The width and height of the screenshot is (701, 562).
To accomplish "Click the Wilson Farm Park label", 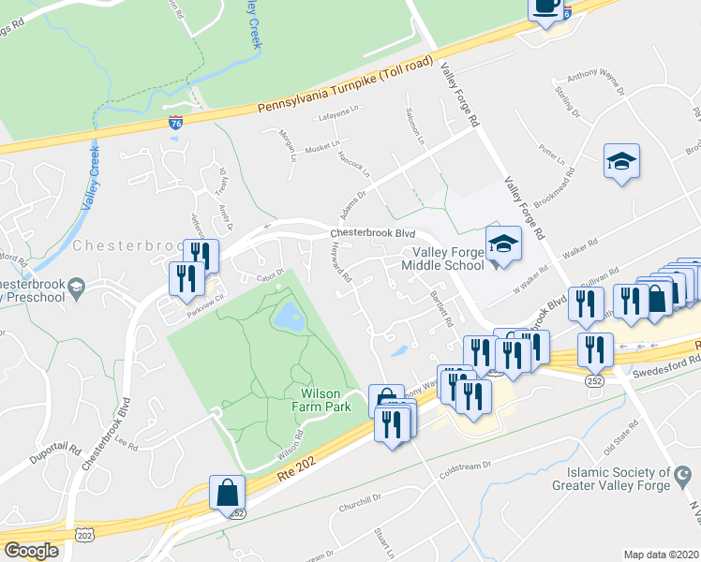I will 326,402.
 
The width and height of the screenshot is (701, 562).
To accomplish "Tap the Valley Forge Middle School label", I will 441,258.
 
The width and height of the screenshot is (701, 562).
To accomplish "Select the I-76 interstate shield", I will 175,123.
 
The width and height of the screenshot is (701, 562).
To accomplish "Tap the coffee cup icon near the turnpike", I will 545,8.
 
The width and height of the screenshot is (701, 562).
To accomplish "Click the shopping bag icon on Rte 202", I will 227,493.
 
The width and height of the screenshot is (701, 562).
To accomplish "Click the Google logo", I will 31,551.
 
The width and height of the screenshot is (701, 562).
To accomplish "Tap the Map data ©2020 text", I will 660,555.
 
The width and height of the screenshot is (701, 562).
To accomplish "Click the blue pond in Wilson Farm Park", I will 287,317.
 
